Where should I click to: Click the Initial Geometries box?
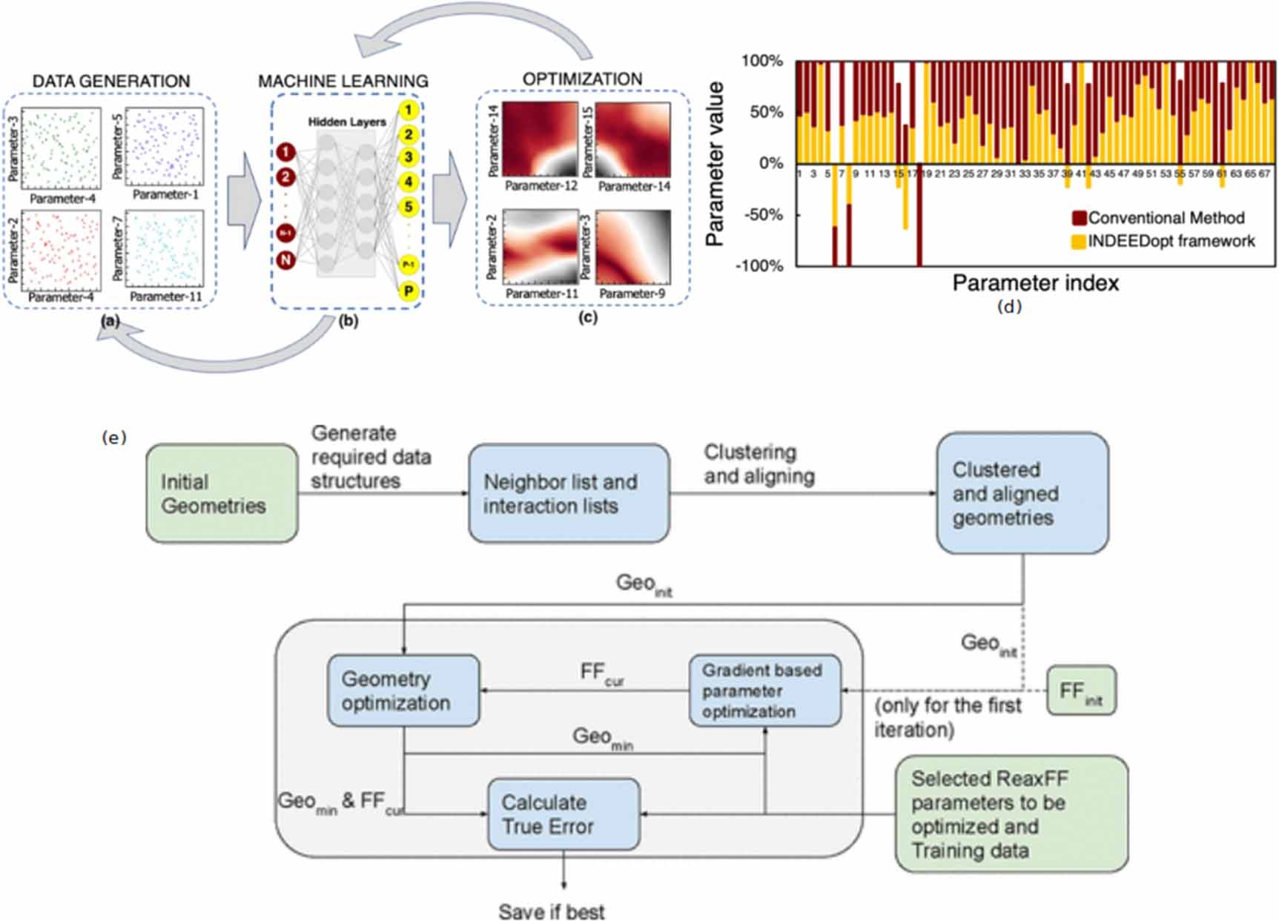click(x=222, y=493)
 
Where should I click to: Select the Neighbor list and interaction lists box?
click(x=569, y=493)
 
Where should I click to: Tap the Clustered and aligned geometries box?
click(x=1022, y=493)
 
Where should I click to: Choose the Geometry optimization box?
click(x=403, y=690)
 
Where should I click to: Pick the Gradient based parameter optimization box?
click(x=764, y=690)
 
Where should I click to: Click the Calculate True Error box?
click(x=563, y=813)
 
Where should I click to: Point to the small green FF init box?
click(x=1081, y=690)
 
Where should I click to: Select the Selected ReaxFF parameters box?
click(x=1011, y=813)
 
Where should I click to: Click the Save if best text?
click(x=551, y=911)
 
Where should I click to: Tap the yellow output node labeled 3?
click(x=408, y=157)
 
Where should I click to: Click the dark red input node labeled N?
click(x=285, y=260)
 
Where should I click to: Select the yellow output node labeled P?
click(x=408, y=291)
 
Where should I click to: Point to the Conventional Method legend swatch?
click(x=1079, y=218)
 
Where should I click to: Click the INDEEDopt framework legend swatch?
click(x=1079, y=241)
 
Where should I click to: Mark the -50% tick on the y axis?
click(x=759, y=215)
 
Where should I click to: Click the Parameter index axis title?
click(x=1035, y=283)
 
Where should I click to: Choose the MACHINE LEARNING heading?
click(x=343, y=81)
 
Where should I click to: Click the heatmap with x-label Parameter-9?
click(x=632, y=247)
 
